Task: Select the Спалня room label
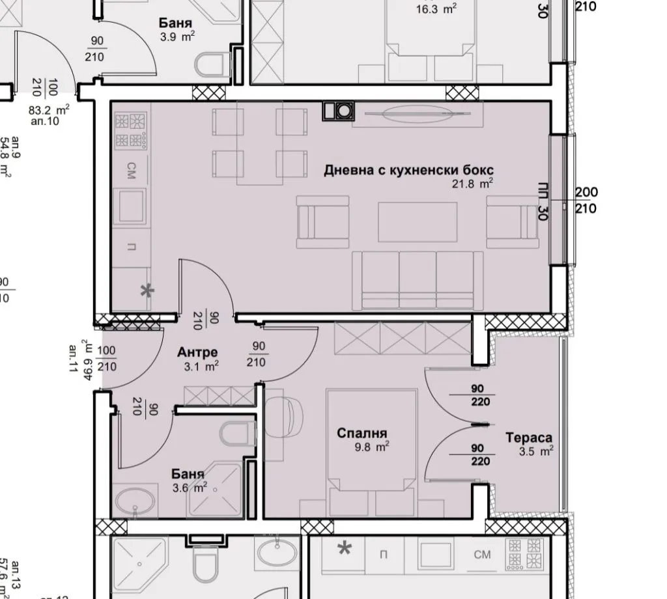362,433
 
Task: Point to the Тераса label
529,438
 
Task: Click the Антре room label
197,352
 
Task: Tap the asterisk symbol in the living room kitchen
148,291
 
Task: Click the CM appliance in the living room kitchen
132,167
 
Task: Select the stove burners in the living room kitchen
130,130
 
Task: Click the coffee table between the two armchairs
418,222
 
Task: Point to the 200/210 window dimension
586,201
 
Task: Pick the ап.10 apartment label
44,120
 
